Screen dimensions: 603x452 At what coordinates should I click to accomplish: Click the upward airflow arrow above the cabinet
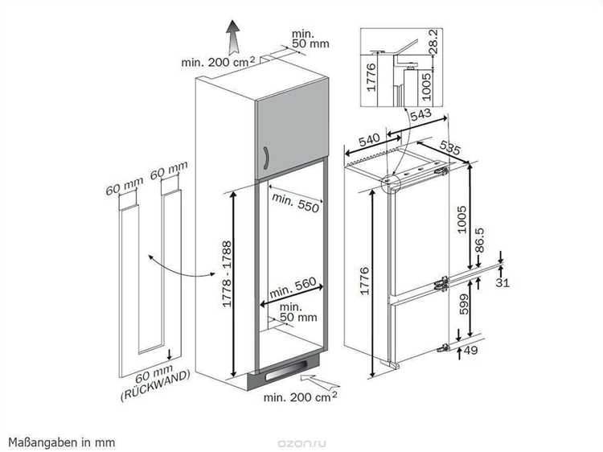click(x=232, y=37)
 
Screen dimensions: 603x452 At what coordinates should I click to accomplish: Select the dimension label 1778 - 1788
click(x=228, y=274)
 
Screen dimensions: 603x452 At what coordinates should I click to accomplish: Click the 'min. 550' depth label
click(x=295, y=203)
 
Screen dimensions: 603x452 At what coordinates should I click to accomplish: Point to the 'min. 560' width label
click(x=293, y=288)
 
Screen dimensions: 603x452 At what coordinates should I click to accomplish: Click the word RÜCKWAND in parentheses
click(x=155, y=386)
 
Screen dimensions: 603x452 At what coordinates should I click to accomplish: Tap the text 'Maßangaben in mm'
click(x=62, y=442)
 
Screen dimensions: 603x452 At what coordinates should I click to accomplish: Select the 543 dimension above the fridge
click(x=420, y=115)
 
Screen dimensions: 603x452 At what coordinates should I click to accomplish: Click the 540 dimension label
click(x=369, y=140)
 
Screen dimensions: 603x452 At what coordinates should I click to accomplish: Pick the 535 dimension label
click(x=449, y=147)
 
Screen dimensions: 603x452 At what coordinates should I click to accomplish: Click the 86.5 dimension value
click(x=479, y=240)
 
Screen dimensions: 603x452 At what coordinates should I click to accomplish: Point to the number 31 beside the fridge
click(x=503, y=283)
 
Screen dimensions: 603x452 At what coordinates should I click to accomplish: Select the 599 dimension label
click(x=464, y=304)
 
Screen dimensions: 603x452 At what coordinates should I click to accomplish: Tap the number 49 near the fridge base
click(x=470, y=350)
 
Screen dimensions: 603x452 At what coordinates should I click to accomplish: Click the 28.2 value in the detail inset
click(x=433, y=42)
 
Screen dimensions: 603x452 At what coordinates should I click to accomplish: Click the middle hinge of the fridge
click(x=441, y=284)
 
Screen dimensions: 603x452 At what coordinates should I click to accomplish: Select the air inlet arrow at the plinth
click(x=320, y=381)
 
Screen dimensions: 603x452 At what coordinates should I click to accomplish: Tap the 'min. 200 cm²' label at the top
click(x=218, y=62)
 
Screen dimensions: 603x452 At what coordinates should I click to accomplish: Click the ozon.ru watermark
click(x=301, y=443)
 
